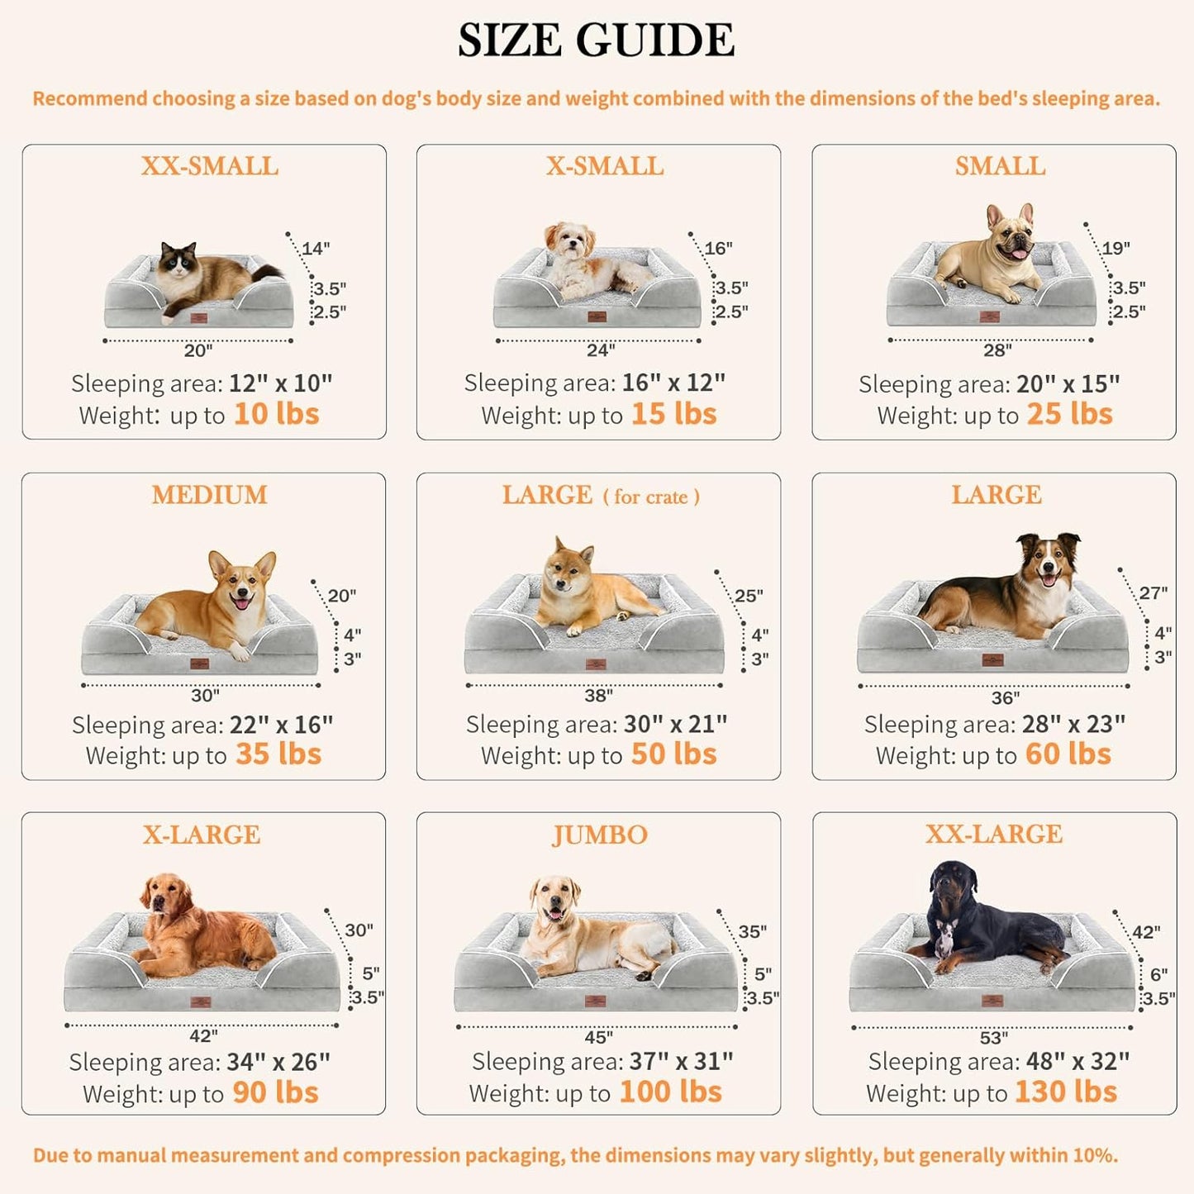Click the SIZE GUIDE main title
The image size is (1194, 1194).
(596, 40)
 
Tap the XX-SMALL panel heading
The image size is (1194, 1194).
(209, 166)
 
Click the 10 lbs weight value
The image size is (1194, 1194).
(276, 413)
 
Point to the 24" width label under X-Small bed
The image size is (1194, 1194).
(601, 350)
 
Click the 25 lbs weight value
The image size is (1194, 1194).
(1069, 413)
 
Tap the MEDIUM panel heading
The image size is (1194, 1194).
(209, 495)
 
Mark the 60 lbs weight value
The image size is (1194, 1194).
(1068, 754)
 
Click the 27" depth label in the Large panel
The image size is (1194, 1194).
(1153, 593)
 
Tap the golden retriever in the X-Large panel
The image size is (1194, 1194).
(202, 925)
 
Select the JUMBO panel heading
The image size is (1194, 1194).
(599, 835)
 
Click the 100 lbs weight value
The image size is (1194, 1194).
(670, 1092)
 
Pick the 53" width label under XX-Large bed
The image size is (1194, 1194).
(993, 1037)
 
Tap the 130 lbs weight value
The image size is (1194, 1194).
(1065, 1092)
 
